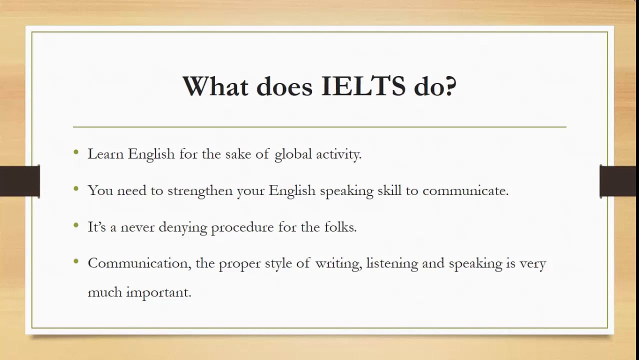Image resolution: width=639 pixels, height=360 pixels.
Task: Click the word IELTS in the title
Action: [x=363, y=86]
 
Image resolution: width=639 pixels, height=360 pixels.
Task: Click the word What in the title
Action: [x=215, y=86]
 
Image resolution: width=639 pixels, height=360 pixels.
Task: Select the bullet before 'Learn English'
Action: [x=76, y=152]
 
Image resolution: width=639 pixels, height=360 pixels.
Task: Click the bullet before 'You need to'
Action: [x=76, y=188]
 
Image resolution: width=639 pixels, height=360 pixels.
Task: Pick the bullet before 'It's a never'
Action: [x=76, y=225]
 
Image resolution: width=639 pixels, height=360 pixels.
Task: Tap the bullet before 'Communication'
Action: [x=76, y=261]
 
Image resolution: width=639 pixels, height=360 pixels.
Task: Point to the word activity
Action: [x=338, y=154]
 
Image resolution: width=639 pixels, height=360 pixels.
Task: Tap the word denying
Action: [x=182, y=227]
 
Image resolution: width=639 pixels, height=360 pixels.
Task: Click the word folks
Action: [x=341, y=227]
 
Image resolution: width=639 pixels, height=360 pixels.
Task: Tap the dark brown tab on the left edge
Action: [x=19, y=181]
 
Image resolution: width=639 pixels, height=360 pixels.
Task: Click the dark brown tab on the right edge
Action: [x=619, y=181]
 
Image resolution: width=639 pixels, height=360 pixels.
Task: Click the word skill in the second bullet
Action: [x=389, y=191]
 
